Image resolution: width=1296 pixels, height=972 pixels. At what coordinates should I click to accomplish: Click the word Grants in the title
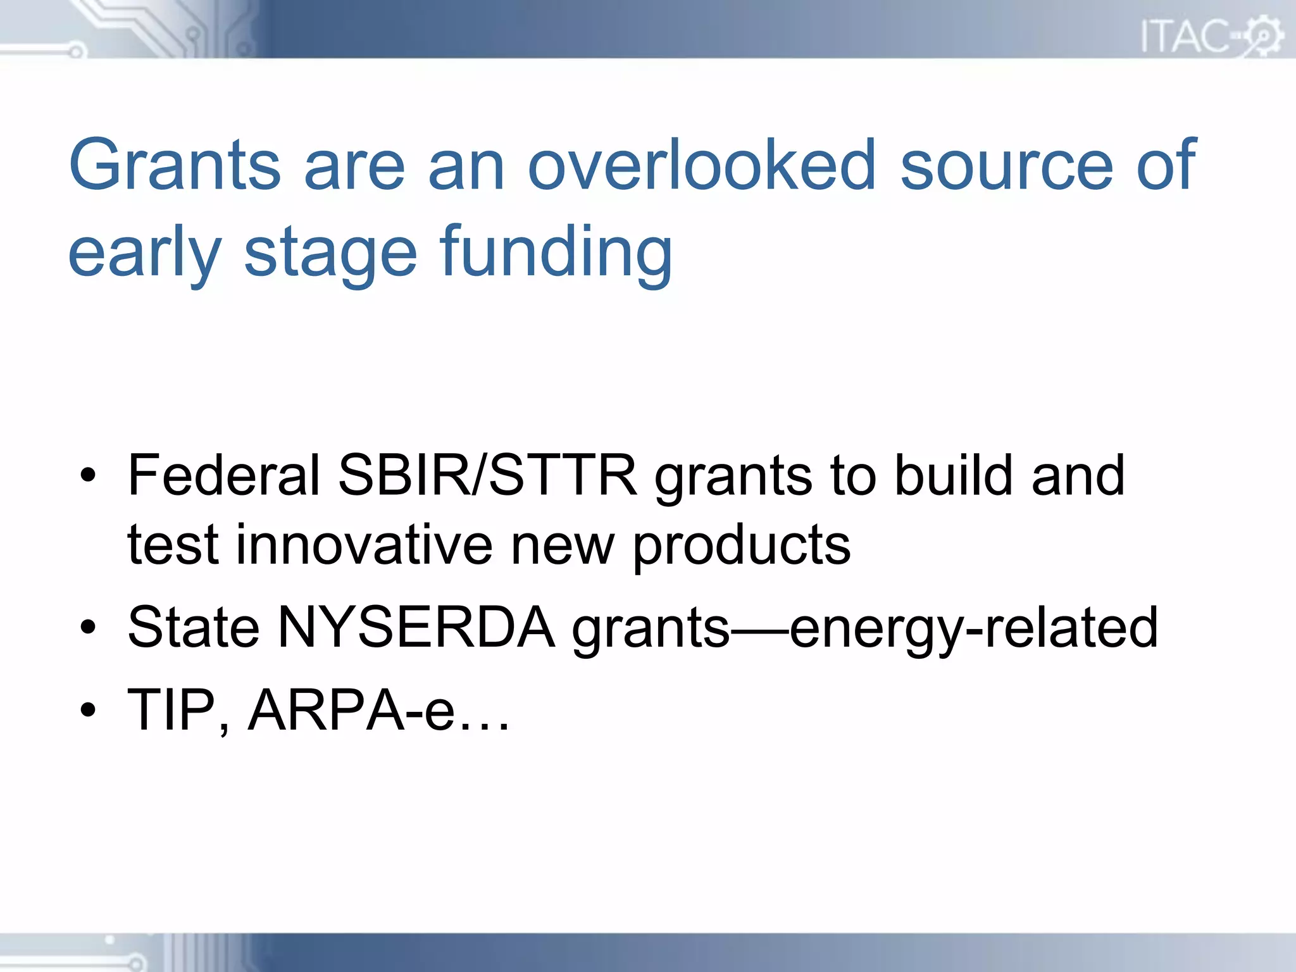(x=175, y=165)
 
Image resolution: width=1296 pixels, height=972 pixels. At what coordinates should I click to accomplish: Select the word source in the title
(x=1006, y=165)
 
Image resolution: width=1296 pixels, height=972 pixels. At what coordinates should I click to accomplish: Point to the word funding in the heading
(x=556, y=253)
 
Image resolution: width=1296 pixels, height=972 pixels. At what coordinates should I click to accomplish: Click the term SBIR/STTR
(x=488, y=475)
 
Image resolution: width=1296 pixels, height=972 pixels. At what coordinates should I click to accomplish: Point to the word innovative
(x=364, y=545)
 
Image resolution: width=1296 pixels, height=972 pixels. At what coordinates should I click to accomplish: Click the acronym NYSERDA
(x=416, y=628)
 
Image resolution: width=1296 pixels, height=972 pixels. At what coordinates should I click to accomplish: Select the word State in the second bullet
(x=194, y=628)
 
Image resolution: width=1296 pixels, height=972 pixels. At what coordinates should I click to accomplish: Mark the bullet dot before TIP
(x=88, y=710)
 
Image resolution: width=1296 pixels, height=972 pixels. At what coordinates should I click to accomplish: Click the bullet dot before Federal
(x=88, y=475)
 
